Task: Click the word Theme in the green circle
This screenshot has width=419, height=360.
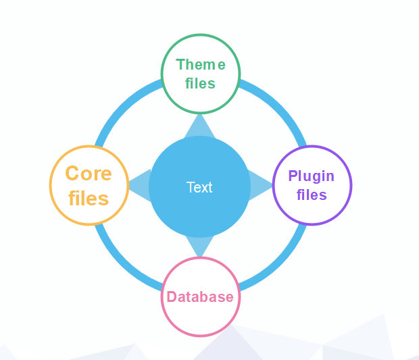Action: [200, 65]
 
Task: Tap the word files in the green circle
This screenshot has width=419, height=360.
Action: [200, 84]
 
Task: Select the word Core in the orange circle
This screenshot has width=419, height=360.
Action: [89, 174]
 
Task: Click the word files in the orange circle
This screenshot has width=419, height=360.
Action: [89, 199]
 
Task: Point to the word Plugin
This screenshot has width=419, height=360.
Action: [311, 176]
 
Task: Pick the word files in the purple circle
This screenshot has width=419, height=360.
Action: [312, 195]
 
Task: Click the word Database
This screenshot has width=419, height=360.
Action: [200, 297]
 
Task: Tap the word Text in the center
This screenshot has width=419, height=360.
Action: [199, 188]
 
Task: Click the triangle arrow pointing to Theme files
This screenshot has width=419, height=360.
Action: [199, 126]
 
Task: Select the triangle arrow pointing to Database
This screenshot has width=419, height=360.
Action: [199, 246]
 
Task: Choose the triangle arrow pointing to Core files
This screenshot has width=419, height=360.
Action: [140, 185]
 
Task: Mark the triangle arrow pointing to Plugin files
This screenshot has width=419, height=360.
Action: [260, 185]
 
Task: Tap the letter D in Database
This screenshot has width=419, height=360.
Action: [172, 297]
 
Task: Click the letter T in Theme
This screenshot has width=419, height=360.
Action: [180, 65]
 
